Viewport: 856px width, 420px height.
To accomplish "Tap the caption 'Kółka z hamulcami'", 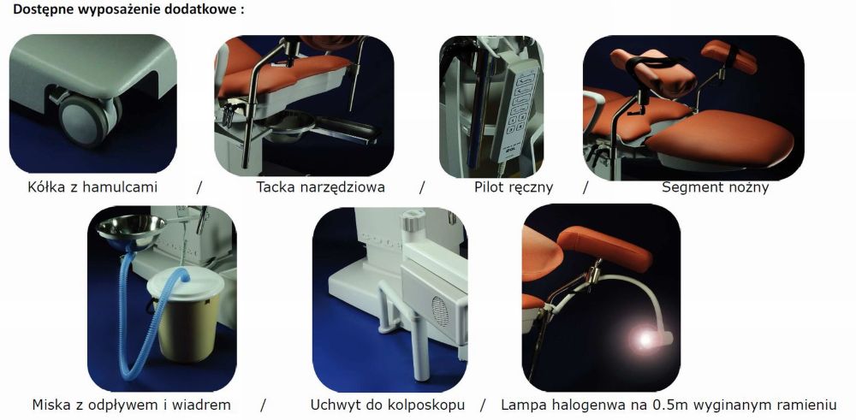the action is tap(92, 187).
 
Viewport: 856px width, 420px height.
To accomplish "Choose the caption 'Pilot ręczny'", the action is tap(513, 187).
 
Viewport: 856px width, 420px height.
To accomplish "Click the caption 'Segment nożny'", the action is tap(715, 187).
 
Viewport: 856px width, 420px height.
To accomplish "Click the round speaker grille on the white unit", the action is tap(440, 311).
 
